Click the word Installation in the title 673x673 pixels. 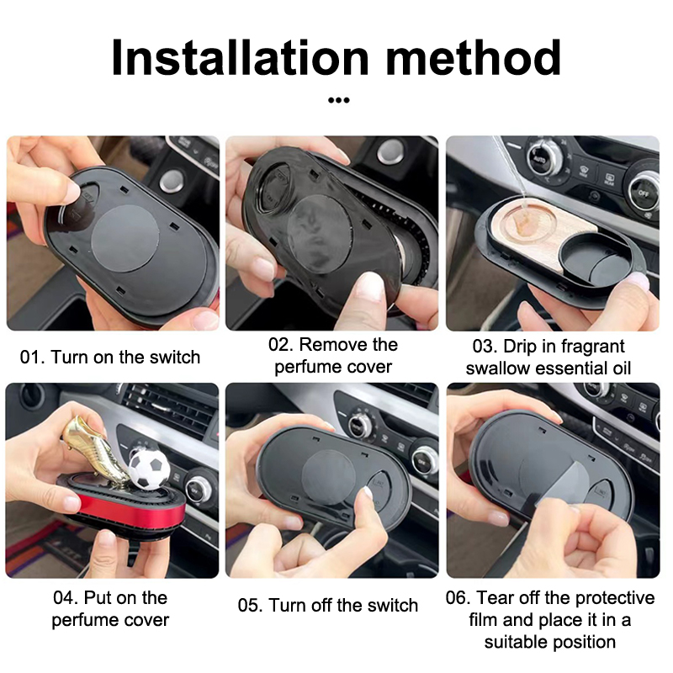pyautogui.click(x=240, y=57)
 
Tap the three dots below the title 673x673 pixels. pyautogui.click(x=339, y=100)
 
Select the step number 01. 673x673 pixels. pyautogui.click(x=32, y=357)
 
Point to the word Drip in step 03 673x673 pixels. pyautogui.click(x=520, y=347)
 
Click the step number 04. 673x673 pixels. pyautogui.click(x=66, y=597)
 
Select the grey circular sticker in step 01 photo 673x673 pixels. pyautogui.click(x=125, y=238)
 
